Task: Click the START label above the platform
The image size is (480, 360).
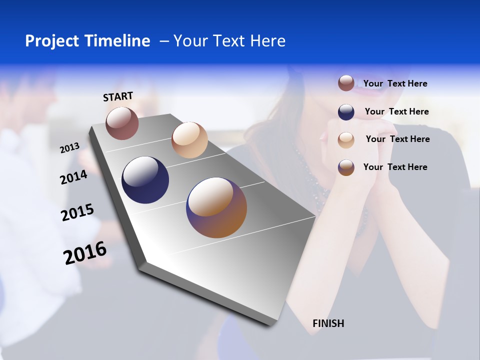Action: click(x=118, y=96)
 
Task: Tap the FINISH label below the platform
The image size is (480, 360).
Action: click(x=328, y=323)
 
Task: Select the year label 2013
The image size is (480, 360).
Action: click(x=69, y=148)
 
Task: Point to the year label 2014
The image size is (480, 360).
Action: click(x=73, y=177)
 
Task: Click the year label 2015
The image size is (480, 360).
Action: click(x=77, y=212)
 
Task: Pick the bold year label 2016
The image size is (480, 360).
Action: click(x=85, y=253)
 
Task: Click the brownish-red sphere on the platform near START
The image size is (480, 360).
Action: click(x=122, y=123)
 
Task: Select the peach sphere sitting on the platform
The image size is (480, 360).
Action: click(x=189, y=140)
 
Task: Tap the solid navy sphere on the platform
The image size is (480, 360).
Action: click(x=145, y=180)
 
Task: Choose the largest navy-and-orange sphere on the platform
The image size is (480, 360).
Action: click(x=216, y=207)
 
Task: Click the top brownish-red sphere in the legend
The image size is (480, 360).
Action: click(x=346, y=83)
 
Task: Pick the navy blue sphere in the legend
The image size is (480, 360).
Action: click(x=346, y=112)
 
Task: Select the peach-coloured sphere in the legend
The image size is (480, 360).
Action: click(x=346, y=139)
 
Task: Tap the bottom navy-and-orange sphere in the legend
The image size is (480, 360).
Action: click(x=346, y=167)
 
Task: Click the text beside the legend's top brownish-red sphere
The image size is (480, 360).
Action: click(x=395, y=83)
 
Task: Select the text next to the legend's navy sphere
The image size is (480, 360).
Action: click(x=396, y=111)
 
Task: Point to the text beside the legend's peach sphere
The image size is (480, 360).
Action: click(x=397, y=139)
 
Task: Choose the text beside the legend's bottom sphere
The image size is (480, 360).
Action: click(x=395, y=167)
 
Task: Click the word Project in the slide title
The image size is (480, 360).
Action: click(x=52, y=41)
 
